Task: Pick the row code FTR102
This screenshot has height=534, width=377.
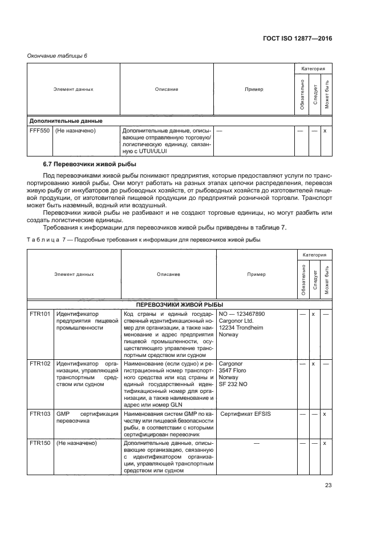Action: [x=39, y=363]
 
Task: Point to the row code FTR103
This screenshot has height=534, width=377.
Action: [x=39, y=413]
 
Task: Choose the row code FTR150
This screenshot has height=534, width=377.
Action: [x=39, y=444]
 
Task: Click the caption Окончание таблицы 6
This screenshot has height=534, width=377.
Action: [x=58, y=55]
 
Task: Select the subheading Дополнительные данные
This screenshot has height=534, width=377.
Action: [x=66, y=121]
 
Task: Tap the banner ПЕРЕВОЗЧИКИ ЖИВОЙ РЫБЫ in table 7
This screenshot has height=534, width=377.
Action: [x=179, y=304]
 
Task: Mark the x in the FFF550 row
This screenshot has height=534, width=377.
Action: [x=325, y=131]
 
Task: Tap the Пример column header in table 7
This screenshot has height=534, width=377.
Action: [x=256, y=274]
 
